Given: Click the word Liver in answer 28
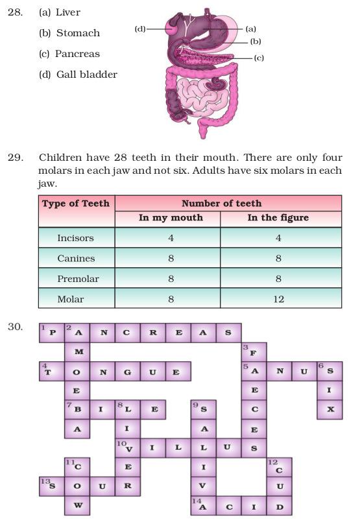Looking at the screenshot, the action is tap(68, 12).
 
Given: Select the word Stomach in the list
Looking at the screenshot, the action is tap(78, 33).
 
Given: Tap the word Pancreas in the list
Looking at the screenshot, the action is tap(77, 54).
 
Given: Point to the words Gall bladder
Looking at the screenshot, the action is tap(87, 75).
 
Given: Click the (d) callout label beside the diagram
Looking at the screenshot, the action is tap(140, 29).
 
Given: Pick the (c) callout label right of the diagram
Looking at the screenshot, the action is tap(259, 58).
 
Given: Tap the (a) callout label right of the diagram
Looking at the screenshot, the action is tap(250, 29).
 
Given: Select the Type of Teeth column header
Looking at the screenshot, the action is tap(76, 204).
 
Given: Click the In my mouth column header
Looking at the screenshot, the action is tap(171, 218).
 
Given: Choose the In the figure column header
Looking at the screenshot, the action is tap(278, 218).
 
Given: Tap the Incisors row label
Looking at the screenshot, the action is tap(75, 238).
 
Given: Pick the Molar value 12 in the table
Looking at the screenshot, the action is tap(278, 299).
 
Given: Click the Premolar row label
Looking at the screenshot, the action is tap(76, 279).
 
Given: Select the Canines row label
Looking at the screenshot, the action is tap(76, 258).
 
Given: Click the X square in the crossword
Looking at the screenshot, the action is tap(330, 409).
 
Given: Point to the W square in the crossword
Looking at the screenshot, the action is tap(77, 505).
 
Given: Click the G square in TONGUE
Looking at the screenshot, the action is tap(128, 372).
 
